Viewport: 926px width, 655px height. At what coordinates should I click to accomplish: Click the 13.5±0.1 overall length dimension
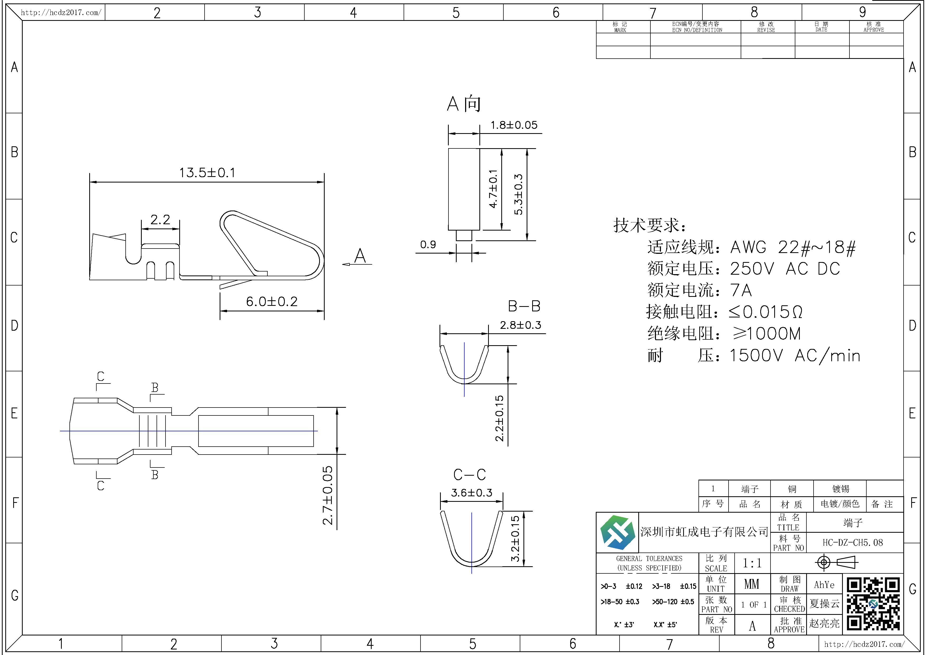207,173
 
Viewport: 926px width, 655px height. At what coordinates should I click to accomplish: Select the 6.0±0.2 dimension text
272,301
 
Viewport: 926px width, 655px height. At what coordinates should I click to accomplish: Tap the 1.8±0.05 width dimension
514,125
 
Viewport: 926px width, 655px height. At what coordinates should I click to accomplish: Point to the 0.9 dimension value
428,245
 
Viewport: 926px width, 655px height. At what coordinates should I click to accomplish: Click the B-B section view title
524,306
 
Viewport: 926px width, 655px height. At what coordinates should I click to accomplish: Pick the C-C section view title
469,475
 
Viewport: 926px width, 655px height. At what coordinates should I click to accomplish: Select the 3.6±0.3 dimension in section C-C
471,493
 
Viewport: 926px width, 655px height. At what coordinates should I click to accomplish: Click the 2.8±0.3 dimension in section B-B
520,325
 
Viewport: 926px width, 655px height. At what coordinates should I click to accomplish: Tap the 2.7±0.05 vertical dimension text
328,495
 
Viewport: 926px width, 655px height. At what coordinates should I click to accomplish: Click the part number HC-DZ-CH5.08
853,542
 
